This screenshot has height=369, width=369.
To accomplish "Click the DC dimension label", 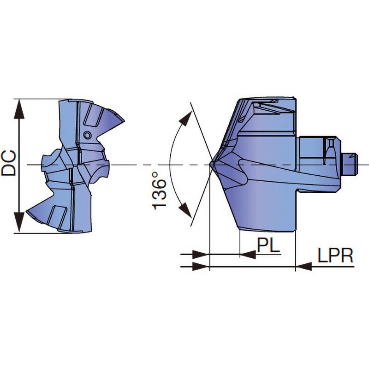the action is tap(9, 163).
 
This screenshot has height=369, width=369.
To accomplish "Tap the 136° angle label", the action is tap(159, 191).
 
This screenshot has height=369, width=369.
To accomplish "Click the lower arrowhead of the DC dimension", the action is tap(19, 222).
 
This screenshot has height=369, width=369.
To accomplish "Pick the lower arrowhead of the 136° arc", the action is tap(185, 209).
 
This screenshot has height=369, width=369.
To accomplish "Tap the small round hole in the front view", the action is tap(87, 135).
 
